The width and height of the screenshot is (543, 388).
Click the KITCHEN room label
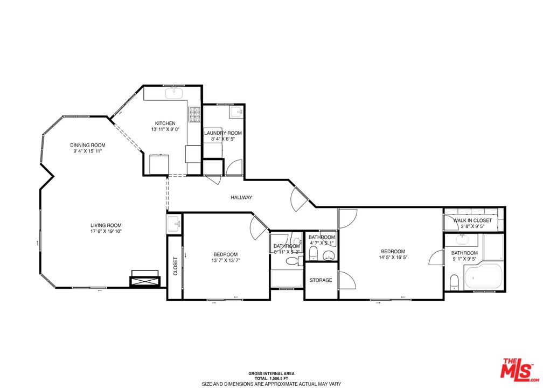click(165, 123)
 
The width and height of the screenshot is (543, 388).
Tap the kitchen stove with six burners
click(194, 114)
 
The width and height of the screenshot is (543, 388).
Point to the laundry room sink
click(236, 112)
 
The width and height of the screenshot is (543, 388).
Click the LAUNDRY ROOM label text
click(222, 133)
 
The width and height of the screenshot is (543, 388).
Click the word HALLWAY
click(241, 198)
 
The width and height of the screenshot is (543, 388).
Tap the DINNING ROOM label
click(87, 145)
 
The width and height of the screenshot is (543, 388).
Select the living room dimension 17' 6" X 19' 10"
click(106, 232)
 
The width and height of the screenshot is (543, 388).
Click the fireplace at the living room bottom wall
click(144, 280)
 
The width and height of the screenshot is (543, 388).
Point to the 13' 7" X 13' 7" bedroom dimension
click(225, 260)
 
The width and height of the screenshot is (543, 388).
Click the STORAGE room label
click(321, 280)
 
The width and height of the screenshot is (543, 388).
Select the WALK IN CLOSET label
click(472, 220)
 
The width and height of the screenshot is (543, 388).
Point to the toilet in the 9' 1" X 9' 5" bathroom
click(454, 280)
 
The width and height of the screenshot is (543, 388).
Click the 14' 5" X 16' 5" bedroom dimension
click(393, 258)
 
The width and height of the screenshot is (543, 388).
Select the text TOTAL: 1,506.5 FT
click(271, 379)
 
